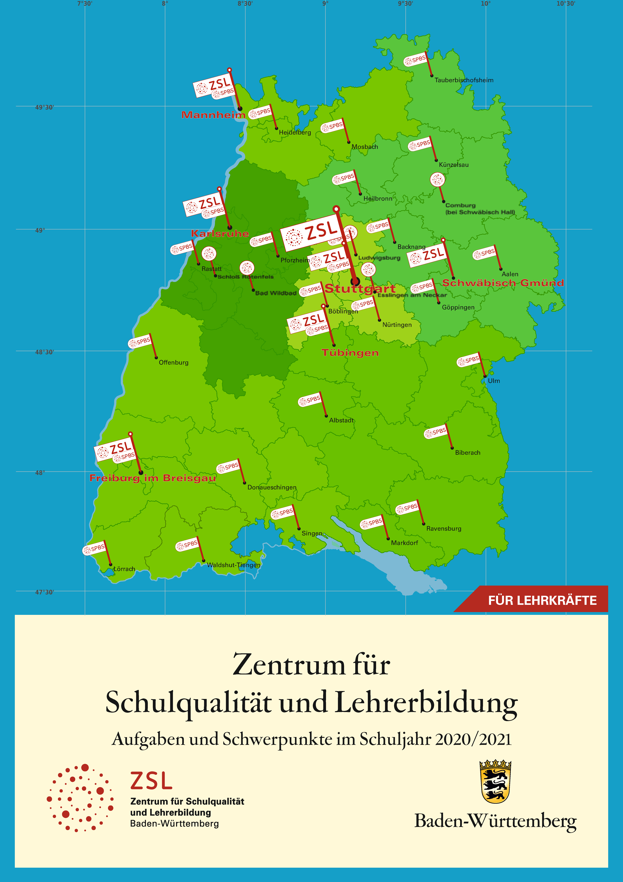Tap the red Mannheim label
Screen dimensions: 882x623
pos(213,115)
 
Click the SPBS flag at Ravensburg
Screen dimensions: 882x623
pos(407,508)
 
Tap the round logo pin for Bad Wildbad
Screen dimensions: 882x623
pos(247,268)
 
